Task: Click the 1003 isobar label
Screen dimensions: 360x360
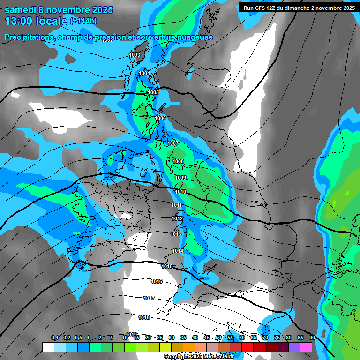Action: coord(135,55)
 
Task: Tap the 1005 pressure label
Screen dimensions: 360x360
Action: coord(153,92)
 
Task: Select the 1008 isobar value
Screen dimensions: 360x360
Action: coord(178,161)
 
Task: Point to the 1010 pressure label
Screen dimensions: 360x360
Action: coord(180,192)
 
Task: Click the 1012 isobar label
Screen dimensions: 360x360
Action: coord(177,218)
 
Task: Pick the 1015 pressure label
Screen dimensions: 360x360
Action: coord(166,266)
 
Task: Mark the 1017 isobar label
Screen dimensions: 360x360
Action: coord(149,298)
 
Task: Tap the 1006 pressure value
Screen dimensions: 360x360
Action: coord(160,118)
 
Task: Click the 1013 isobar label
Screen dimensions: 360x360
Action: coord(176,234)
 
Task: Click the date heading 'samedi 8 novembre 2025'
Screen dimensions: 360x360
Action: coord(59,9)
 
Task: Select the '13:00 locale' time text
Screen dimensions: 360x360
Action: coord(36,21)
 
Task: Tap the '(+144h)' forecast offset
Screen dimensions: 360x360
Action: coord(83,21)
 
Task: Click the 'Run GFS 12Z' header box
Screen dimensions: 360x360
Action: coord(297,7)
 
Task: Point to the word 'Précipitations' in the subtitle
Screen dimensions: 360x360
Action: coord(28,37)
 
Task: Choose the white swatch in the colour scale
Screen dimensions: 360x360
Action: coord(48,347)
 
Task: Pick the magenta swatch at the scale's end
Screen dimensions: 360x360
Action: coord(306,347)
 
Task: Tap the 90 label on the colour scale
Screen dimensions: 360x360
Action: coord(312,337)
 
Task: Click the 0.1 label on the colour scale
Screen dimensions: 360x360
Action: coord(55,337)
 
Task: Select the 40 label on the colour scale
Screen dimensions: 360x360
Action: coord(195,337)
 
